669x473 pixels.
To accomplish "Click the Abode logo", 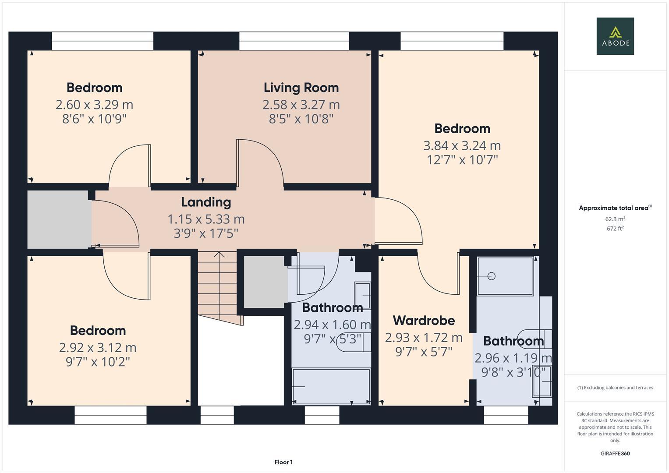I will [x=615, y=36].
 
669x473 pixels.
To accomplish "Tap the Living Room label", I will [x=301, y=88].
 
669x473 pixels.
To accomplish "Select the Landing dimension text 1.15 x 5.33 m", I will [x=206, y=219].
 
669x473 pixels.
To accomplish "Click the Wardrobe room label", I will [x=424, y=321].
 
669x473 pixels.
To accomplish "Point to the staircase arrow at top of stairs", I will [x=219, y=255].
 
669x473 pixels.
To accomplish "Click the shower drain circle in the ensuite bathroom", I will [x=491, y=276].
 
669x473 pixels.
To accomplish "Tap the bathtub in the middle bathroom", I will [x=331, y=386].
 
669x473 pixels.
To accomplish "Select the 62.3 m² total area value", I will [x=615, y=219].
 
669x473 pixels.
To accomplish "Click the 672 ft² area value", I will [x=615, y=228].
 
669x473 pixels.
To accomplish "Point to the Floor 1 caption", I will [x=283, y=462].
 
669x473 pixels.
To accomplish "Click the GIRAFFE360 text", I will [x=615, y=453].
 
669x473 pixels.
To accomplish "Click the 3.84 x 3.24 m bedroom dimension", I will [x=462, y=145].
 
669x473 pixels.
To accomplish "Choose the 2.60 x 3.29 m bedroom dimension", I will [x=94, y=105].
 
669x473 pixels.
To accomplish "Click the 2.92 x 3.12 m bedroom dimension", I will [x=98, y=348].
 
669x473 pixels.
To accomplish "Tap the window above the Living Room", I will [x=294, y=41].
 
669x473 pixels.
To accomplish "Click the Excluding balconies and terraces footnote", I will [x=615, y=388].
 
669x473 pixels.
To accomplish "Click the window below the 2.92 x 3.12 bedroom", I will [x=110, y=415].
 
